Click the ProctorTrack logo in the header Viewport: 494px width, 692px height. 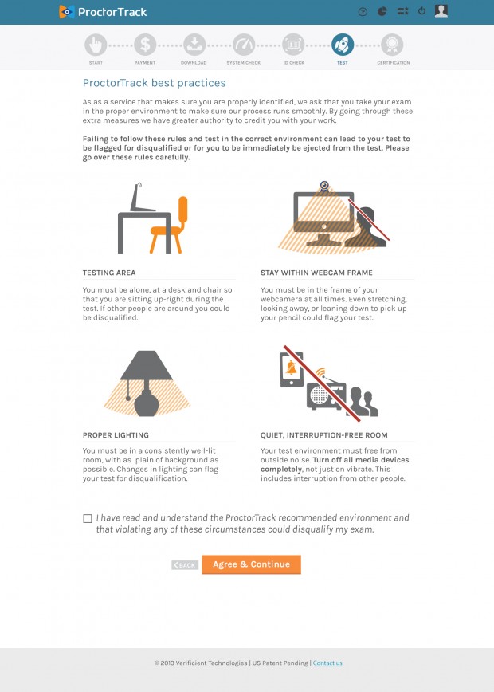pos(103,12)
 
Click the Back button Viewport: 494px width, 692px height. pos(185,565)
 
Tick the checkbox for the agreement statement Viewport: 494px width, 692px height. pos(88,518)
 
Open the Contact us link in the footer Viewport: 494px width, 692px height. pos(327,663)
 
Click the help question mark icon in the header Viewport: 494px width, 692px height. pos(363,12)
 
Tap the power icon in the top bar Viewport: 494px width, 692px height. pos(421,11)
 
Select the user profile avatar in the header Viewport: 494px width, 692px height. pos(441,11)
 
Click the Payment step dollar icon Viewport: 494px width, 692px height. pos(145,45)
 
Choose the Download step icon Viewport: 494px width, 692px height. pos(194,45)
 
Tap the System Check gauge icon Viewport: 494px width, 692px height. pos(244,45)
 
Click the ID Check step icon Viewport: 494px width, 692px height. pos(293,45)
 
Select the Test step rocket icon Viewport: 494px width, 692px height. pos(343,45)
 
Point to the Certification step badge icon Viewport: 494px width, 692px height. pos(392,45)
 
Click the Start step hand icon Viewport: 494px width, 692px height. pos(96,45)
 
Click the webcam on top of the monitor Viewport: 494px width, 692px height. pos(324,187)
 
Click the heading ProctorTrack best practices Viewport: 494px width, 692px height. pos(155,83)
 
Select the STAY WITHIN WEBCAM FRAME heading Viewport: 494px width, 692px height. pos(316,273)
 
